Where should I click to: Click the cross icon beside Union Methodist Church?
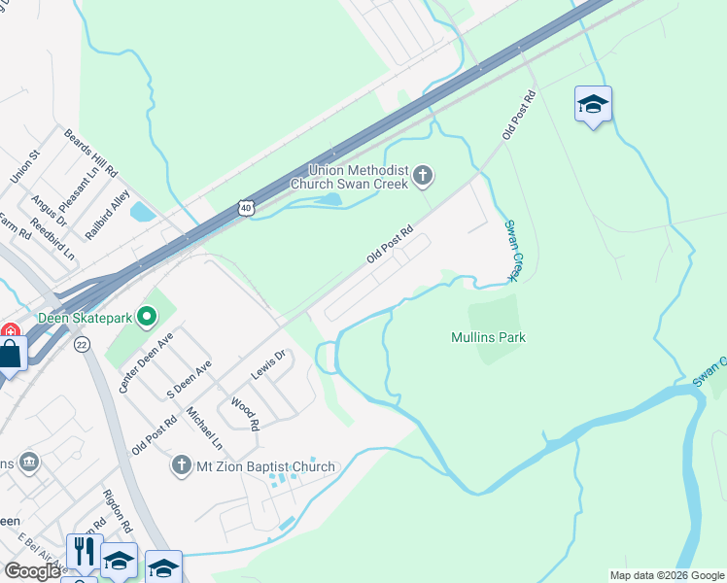423,176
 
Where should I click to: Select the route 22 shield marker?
81,345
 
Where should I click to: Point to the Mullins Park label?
488,337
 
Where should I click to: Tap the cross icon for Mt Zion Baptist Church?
181,465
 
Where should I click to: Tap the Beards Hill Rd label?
90,152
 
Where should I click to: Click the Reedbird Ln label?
52,239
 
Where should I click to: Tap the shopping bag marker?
11,355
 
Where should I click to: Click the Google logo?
32,571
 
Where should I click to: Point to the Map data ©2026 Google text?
667,575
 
